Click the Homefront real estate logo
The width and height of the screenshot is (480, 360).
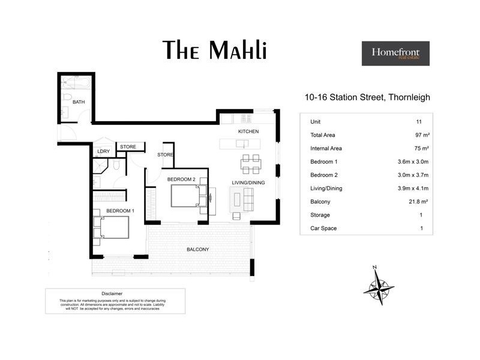(395, 53)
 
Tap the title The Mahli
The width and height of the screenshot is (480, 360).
(215, 50)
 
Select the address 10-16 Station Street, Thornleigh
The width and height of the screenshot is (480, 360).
(367, 97)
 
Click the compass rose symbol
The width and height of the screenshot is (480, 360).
(379, 286)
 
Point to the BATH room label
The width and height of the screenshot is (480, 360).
(79, 102)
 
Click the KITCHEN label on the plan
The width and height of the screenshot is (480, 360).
(248, 131)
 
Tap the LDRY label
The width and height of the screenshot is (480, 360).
(103, 152)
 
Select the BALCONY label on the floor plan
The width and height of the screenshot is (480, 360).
(197, 249)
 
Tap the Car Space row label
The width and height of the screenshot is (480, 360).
(323, 228)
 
